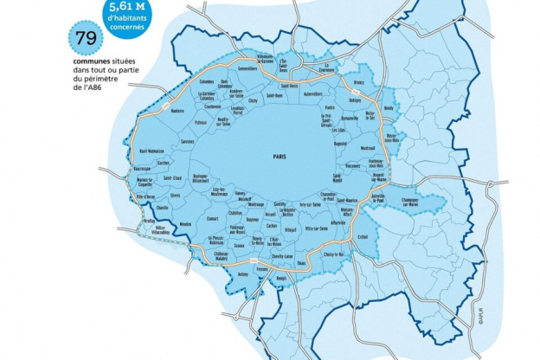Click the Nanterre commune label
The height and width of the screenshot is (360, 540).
pos(178,111)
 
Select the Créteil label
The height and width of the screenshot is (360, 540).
pos(363,237)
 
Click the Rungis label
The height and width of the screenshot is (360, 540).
pos(280,279)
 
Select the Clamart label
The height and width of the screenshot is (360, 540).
pos(212,218)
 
